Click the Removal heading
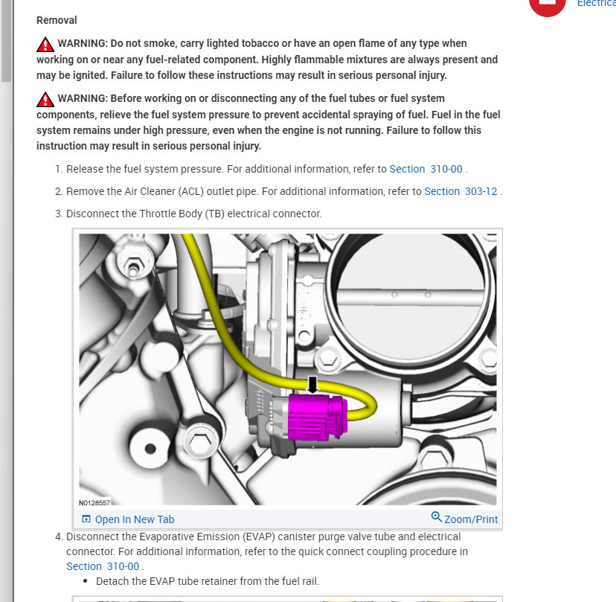pyautogui.click(x=57, y=20)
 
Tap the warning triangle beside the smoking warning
pyautogui.click(x=45, y=44)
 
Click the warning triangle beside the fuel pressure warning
pyautogui.click(x=45, y=99)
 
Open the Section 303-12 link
pyautogui.click(x=461, y=191)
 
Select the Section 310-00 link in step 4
pyautogui.click(x=103, y=566)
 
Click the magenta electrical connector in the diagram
pyautogui.click(x=317, y=417)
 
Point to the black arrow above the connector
pyautogui.click(x=312, y=384)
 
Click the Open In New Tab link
pyautogui.click(x=134, y=519)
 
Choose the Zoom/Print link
pyautogui.click(x=471, y=519)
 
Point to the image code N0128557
pyautogui.click(x=94, y=503)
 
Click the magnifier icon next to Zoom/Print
pyautogui.click(x=436, y=518)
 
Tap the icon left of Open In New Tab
pyautogui.click(x=86, y=519)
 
